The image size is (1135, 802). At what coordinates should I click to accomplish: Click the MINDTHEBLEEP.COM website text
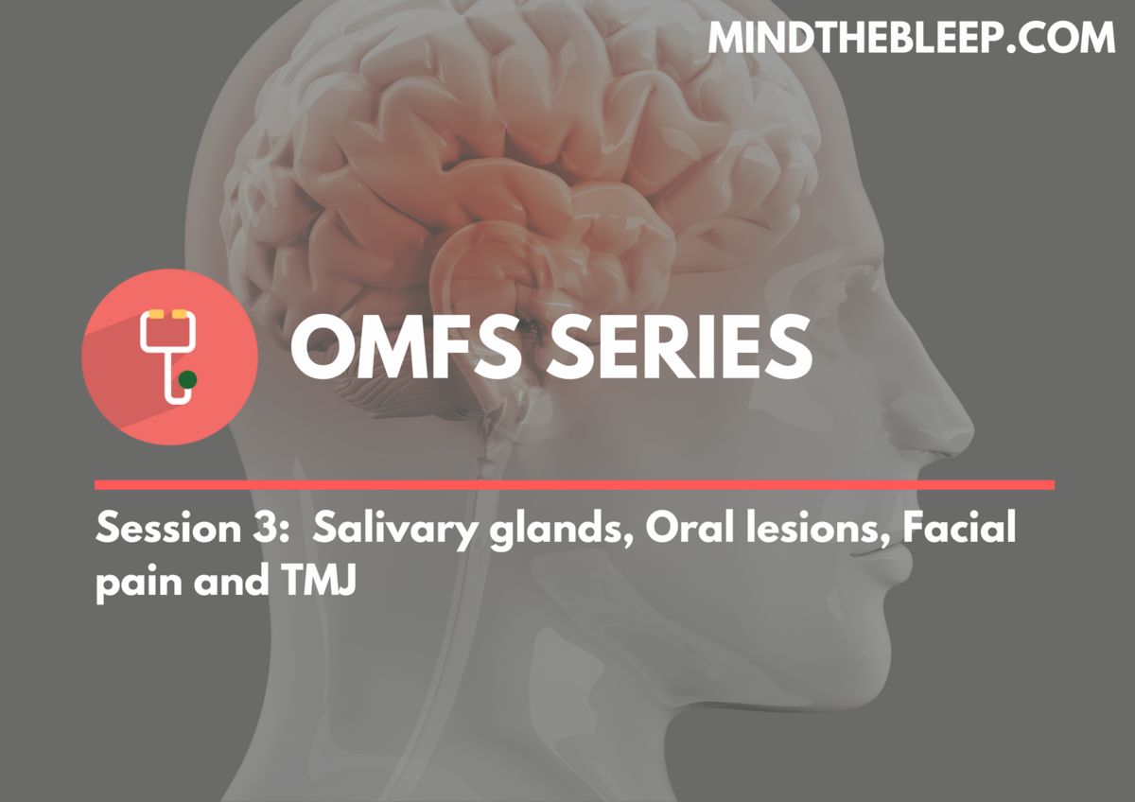tap(911, 38)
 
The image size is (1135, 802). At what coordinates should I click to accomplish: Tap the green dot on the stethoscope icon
tap(188, 379)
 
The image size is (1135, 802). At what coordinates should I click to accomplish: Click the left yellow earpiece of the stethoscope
tap(155, 314)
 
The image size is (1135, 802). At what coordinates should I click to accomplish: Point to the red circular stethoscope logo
tap(169, 357)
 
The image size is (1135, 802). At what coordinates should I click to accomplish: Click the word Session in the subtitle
tap(168, 528)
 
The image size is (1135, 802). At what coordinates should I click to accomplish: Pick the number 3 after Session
tap(260, 528)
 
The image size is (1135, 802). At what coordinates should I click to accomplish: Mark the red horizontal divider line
tap(575, 485)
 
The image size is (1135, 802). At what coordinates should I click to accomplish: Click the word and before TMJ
tap(232, 581)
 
